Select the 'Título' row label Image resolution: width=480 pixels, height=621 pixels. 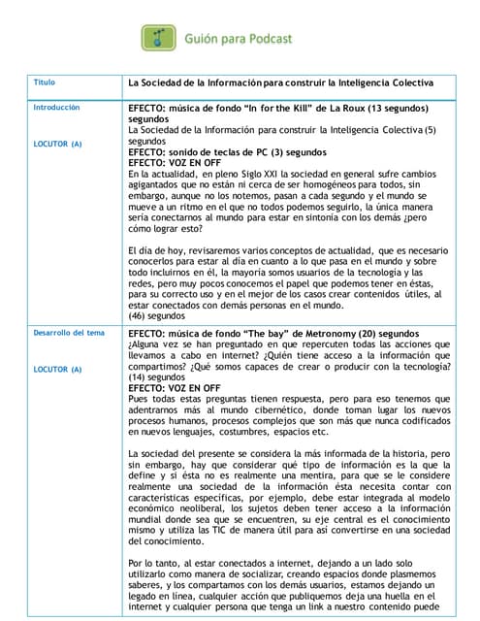(x=45, y=83)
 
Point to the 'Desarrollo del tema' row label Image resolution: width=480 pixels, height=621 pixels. (x=69, y=334)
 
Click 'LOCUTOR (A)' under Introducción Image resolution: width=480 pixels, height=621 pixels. (x=57, y=144)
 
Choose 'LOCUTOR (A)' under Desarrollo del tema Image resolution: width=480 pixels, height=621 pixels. (x=57, y=370)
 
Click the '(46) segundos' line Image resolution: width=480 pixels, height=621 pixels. (x=157, y=316)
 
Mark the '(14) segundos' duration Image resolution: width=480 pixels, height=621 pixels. (x=157, y=376)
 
